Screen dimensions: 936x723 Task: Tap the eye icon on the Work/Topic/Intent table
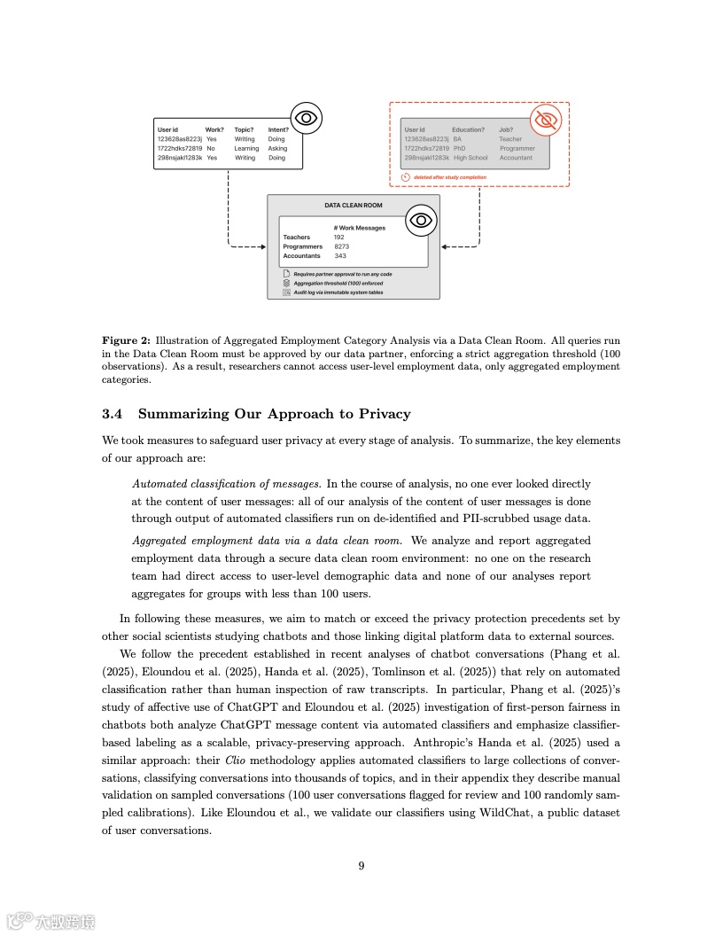coord(306,118)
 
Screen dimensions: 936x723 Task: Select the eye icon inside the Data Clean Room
coord(421,220)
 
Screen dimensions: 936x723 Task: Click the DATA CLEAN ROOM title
coord(353,205)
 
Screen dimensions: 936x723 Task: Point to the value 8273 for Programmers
coord(341,246)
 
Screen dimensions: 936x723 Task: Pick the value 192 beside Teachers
coord(338,238)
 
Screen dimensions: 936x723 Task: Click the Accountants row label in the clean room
coord(301,256)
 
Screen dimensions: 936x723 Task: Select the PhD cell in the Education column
coord(458,149)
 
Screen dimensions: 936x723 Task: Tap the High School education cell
coord(470,158)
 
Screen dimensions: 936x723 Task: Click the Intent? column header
coord(278,130)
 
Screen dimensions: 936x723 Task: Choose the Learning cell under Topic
coord(246,149)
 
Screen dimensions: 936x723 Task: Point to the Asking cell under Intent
coord(277,149)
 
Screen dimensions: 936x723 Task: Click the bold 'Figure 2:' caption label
coord(126,340)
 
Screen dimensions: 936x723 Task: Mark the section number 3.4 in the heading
coord(112,414)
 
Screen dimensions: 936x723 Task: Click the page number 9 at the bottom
coord(361,866)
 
